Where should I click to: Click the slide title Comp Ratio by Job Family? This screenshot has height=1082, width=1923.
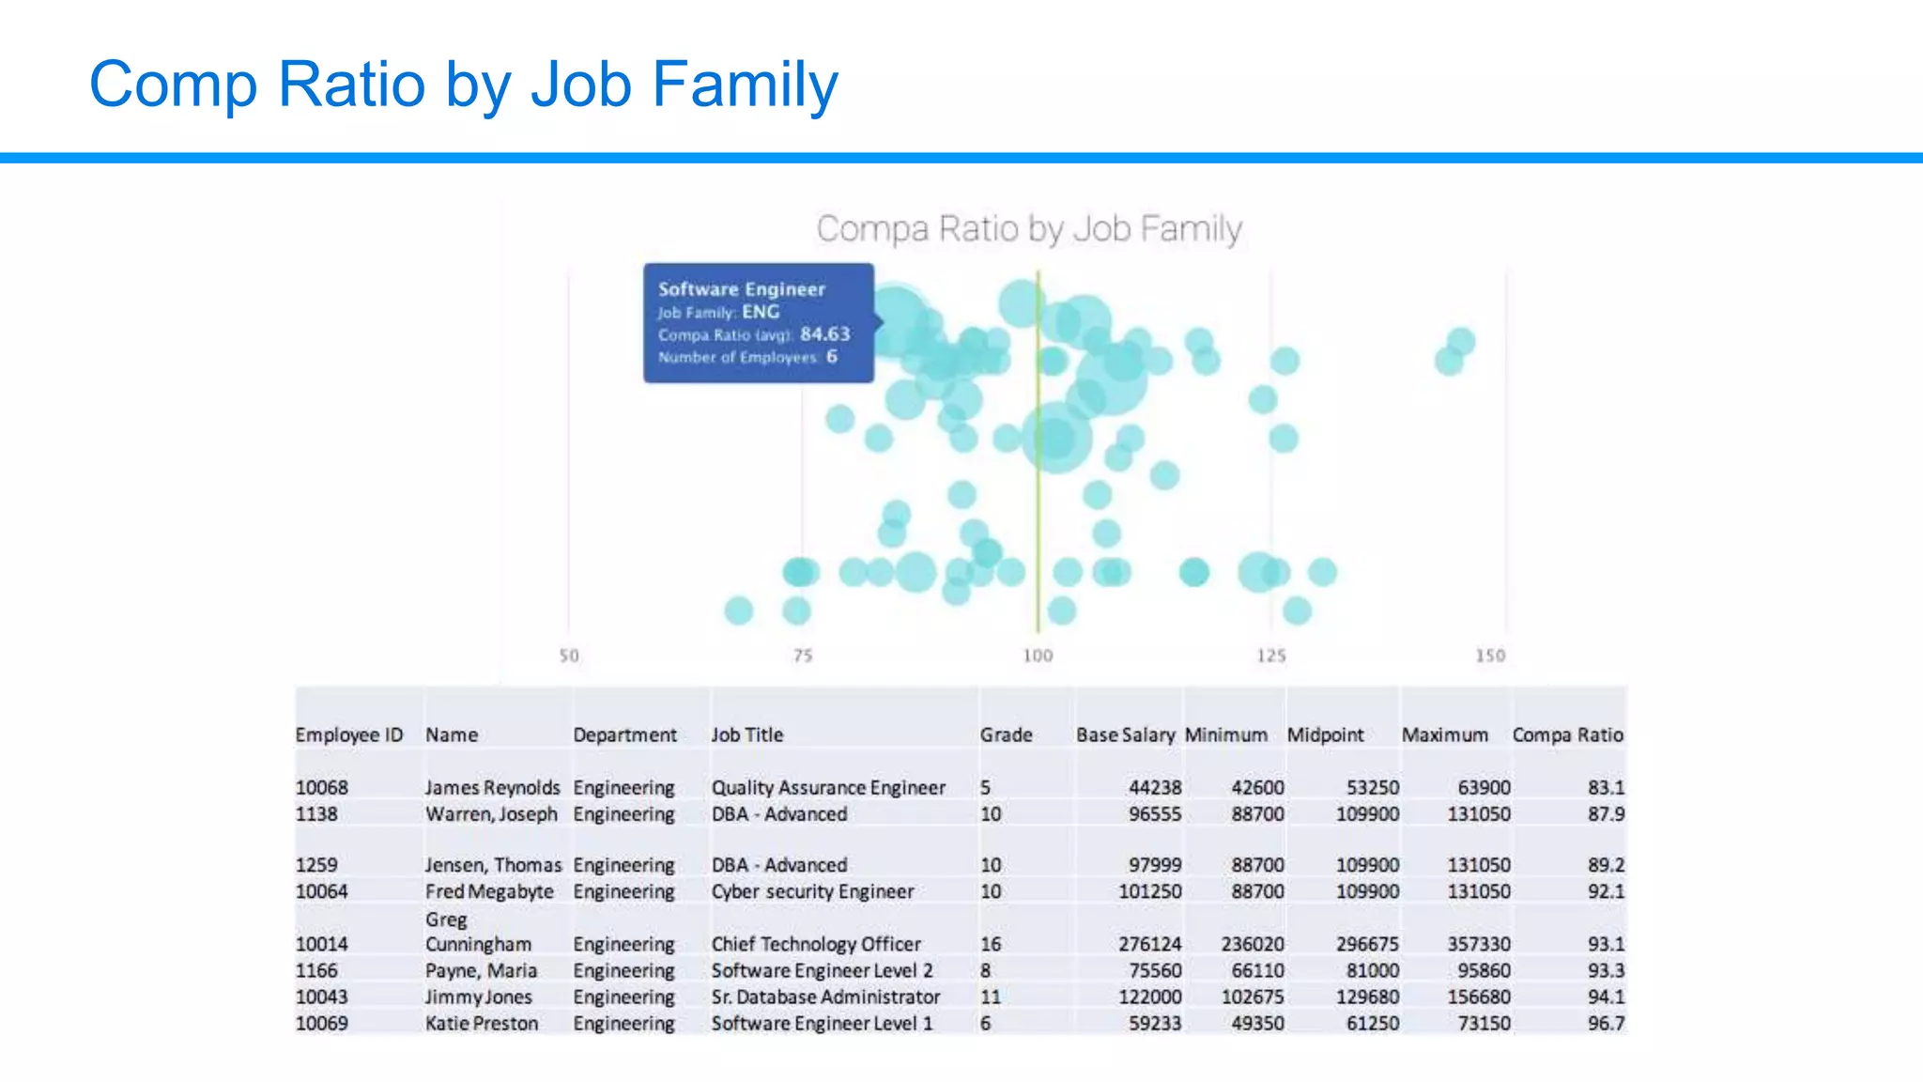[463, 85]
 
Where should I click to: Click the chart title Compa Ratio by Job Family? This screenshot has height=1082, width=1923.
[1028, 229]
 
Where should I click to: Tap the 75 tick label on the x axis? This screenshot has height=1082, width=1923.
[802, 656]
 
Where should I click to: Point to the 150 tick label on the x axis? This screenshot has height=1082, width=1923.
[1489, 656]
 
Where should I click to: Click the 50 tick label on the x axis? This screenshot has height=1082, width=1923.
[569, 656]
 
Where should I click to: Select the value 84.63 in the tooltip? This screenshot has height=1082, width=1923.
[824, 334]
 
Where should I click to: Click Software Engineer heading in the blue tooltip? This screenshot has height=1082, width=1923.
[741, 289]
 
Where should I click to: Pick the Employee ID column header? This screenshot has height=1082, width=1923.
[348, 735]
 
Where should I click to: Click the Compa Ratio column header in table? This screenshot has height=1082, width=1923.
[1566, 735]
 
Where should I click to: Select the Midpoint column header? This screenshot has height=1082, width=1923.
[1324, 735]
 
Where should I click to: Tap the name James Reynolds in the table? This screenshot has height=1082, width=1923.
[491, 788]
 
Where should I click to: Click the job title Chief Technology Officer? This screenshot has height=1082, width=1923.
[815, 944]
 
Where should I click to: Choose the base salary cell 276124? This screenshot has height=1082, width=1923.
[1149, 944]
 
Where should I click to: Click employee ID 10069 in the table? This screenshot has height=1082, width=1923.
[321, 1024]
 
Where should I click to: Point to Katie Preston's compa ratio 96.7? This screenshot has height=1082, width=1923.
[1605, 1024]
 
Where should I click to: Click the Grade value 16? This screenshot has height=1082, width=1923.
[991, 944]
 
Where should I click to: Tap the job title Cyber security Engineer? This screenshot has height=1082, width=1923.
[811, 891]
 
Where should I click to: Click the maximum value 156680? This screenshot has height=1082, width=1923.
[1478, 997]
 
